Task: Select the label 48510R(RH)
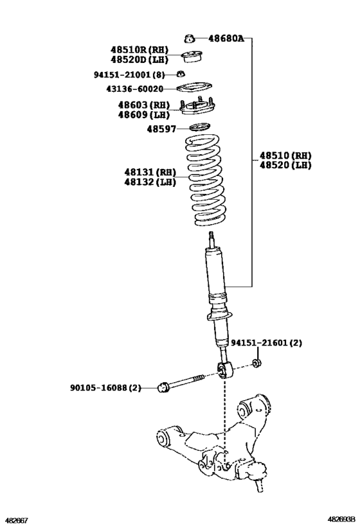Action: click(x=139, y=49)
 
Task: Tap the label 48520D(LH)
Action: click(x=139, y=59)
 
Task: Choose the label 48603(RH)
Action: click(x=143, y=105)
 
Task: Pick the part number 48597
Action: click(x=161, y=129)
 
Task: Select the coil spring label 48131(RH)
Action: click(x=150, y=172)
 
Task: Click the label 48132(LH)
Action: click(x=150, y=182)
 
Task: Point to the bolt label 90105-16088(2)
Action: click(x=105, y=387)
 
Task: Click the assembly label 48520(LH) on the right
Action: click(x=285, y=165)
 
